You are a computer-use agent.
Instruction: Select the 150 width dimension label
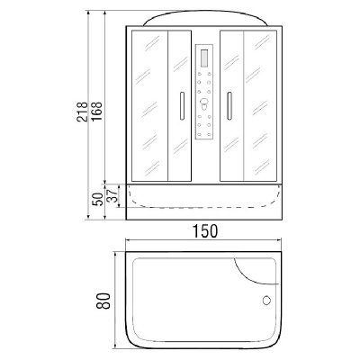click(x=205, y=230)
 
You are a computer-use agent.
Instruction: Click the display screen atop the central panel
click(x=203, y=56)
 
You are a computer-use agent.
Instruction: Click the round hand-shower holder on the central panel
click(x=203, y=112)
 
